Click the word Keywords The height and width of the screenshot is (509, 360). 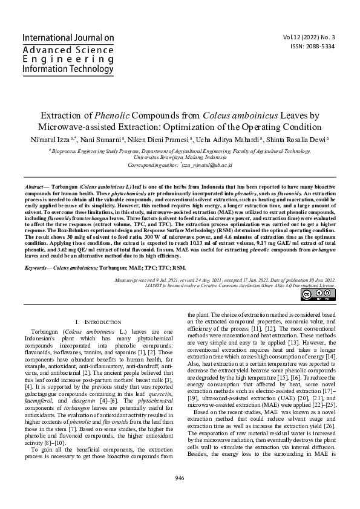(37, 267)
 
